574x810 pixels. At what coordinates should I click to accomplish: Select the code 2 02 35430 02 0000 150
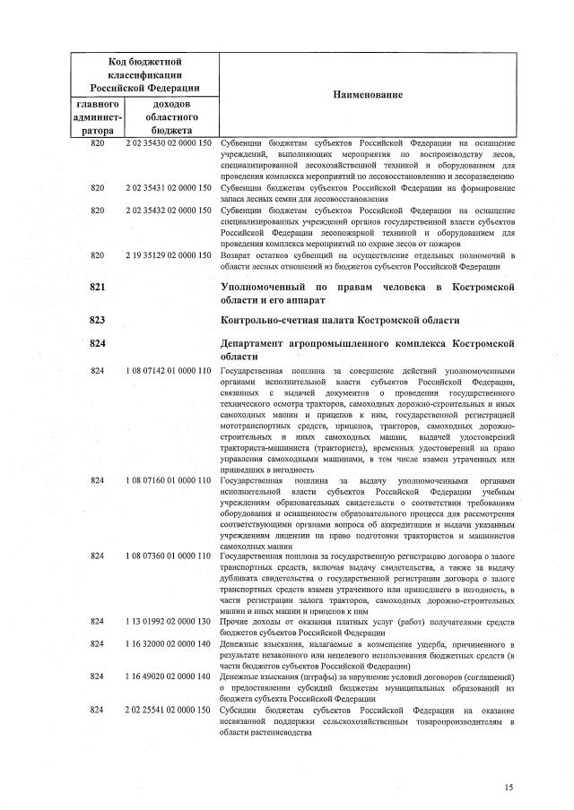[x=169, y=143]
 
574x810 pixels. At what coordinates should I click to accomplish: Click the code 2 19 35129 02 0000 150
[x=169, y=254]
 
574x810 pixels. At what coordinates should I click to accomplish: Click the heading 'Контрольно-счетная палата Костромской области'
[x=340, y=320]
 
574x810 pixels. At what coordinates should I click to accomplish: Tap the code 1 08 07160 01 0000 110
[x=169, y=480]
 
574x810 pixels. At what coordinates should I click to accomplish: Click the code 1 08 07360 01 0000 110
[x=169, y=556]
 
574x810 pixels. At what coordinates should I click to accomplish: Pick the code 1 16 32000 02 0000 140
[x=169, y=643]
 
